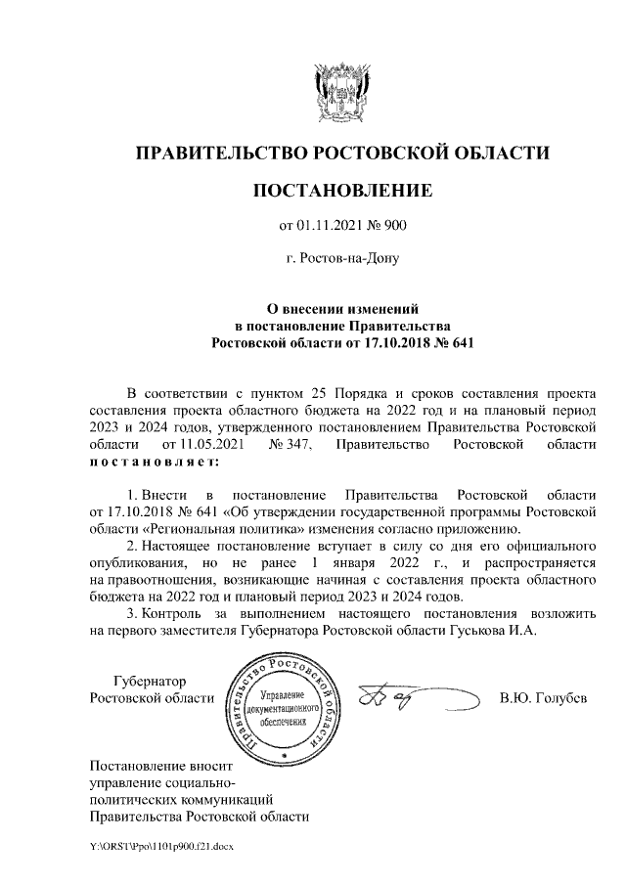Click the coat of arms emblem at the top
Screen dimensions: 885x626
point(341,89)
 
